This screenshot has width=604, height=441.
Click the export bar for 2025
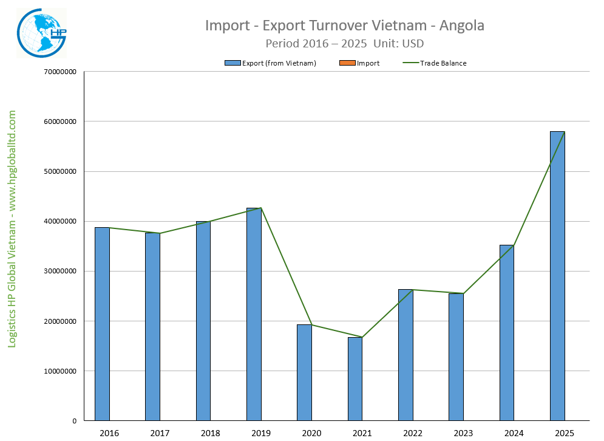pyautogui.click(x=557, y=276)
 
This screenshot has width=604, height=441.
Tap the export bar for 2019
pyautogui.click(x=254, y=314)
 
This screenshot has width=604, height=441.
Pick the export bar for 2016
pyautogui.click(x=102, y=324)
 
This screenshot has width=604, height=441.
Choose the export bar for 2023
pyautogui.click(x=456, y=357)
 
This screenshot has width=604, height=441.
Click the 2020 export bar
pyautogui.click(x=304, y=372)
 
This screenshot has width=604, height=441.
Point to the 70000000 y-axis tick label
pyautogui.click(x=59, y=72)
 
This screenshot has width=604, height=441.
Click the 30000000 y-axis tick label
pyautogui.click(x=59, y=272)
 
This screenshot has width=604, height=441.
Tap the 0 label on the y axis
pyautogui.click(x=74, y=421)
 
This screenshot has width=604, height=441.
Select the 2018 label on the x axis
pyautogui.click(x=210, y=432)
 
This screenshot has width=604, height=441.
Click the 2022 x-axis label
pyautogui.click(x=413, y=432)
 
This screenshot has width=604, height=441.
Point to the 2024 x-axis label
pyautogui.click(x=514, y=432)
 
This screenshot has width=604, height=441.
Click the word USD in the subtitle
pyautogui.click(x=412, y=44)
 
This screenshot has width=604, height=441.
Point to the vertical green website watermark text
pyautogui.click(x=12, y=229)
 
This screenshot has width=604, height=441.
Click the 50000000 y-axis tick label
pyautogui.click(x=59, y=171)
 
